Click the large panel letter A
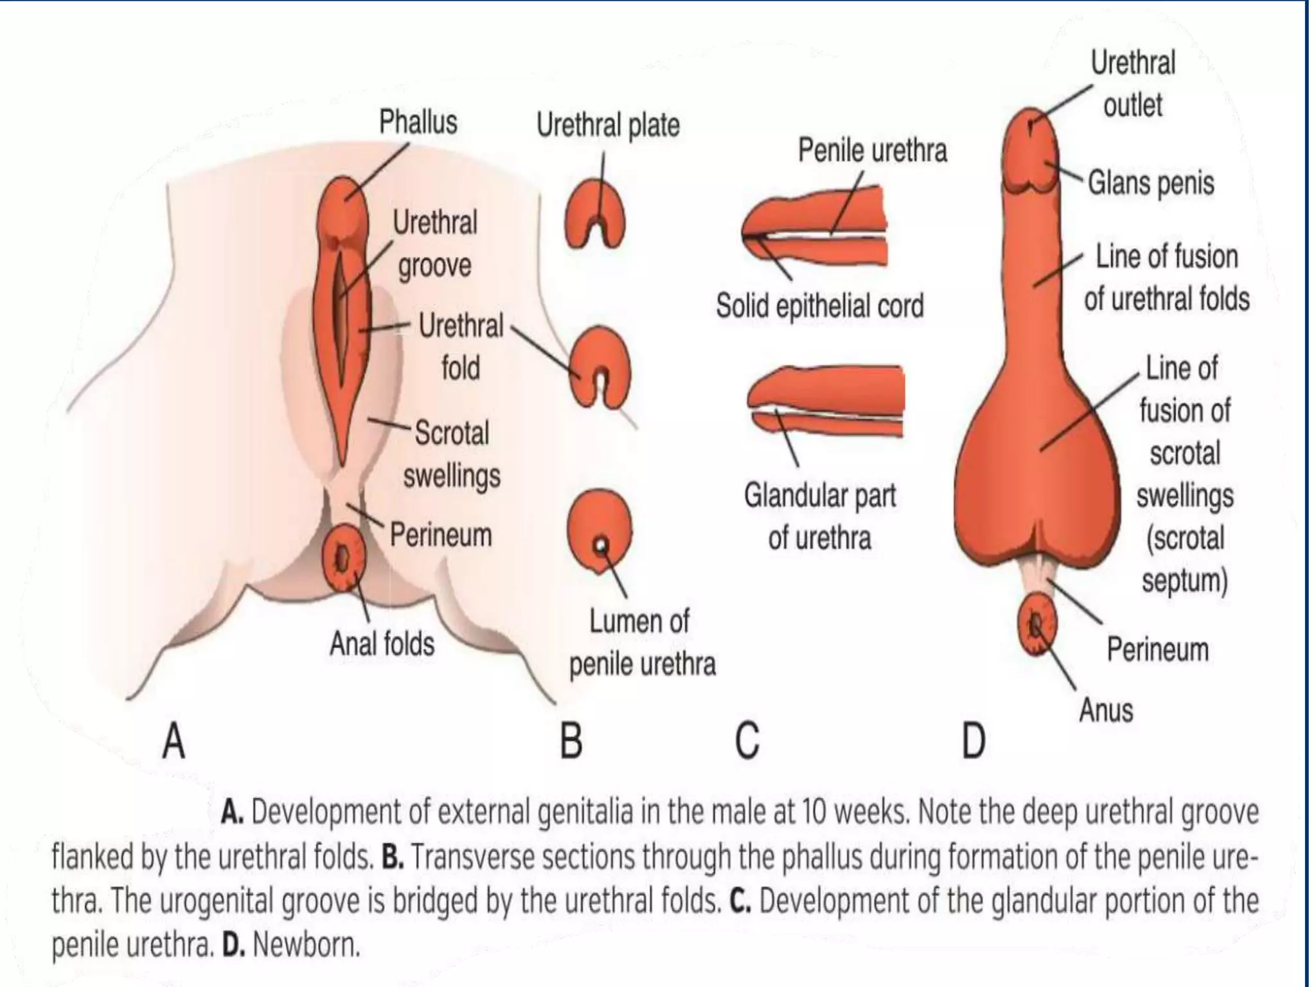pyautogui.click(x=173, y=741)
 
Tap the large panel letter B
pyautogui.click(x=571, y=741)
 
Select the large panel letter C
pyautogui.click(x=747, y=741)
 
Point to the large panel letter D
pyautogui.click(x=974, y=741)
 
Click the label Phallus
pyautogui.click(x=418, y=122)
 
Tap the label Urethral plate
pyautogui.click(x=608, y=125)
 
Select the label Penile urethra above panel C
pyautogui.click(x=872, y=151)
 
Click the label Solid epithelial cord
pyautogui.click(x=820, y=306)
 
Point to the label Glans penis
pyautogui.click(x=1151, y=184)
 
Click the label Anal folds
pyautogui.click(x=382, y=643)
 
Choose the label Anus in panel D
pyautogui.click(x=1106, y=711)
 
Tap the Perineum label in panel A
pyautogui.click(x=441, y=535)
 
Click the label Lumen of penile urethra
pyautogui.click(x=642, y=643)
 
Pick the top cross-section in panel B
pyautogui.click(x=595, y=215)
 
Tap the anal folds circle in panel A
pyautogui.click(x=343, y=558)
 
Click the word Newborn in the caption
pyautogui.click(x=305, y=945)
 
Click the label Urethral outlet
pyautogui.click(x=1133, y=84)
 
